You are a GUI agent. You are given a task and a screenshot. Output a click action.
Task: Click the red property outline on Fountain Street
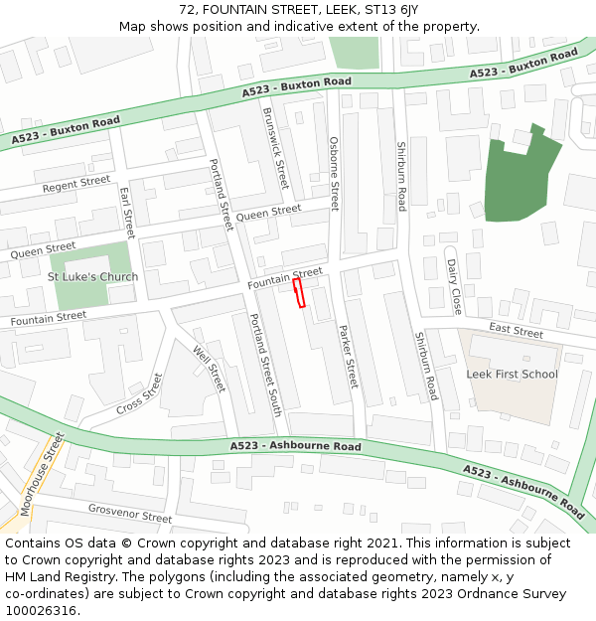(x=299, y=292)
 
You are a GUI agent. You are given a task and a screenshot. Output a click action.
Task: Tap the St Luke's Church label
(x=92, y=276)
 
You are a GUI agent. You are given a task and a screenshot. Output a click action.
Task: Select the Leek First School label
(x=513, y=375)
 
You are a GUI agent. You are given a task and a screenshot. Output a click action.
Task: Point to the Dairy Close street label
(x=454, y=286)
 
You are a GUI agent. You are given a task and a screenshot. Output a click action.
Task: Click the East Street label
(x=516, y=332)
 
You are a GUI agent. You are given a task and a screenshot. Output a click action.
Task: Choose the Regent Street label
(x=76, y=184)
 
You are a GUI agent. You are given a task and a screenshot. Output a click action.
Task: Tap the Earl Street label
(x=126, y=207)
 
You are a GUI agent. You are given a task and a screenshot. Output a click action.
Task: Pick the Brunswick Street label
(x=275, y=148)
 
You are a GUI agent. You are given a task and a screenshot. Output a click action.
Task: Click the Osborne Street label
(x=335, y=174)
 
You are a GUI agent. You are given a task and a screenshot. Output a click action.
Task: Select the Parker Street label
(x=348, y=356)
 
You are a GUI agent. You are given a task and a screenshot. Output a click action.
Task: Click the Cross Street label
(x=139, y=394)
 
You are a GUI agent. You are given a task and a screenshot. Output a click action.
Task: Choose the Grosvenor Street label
(x=129, y=515)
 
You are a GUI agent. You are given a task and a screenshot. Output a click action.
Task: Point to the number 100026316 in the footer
(x=40, y=610)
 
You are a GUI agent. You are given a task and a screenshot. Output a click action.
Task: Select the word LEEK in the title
(x=339, y=10)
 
